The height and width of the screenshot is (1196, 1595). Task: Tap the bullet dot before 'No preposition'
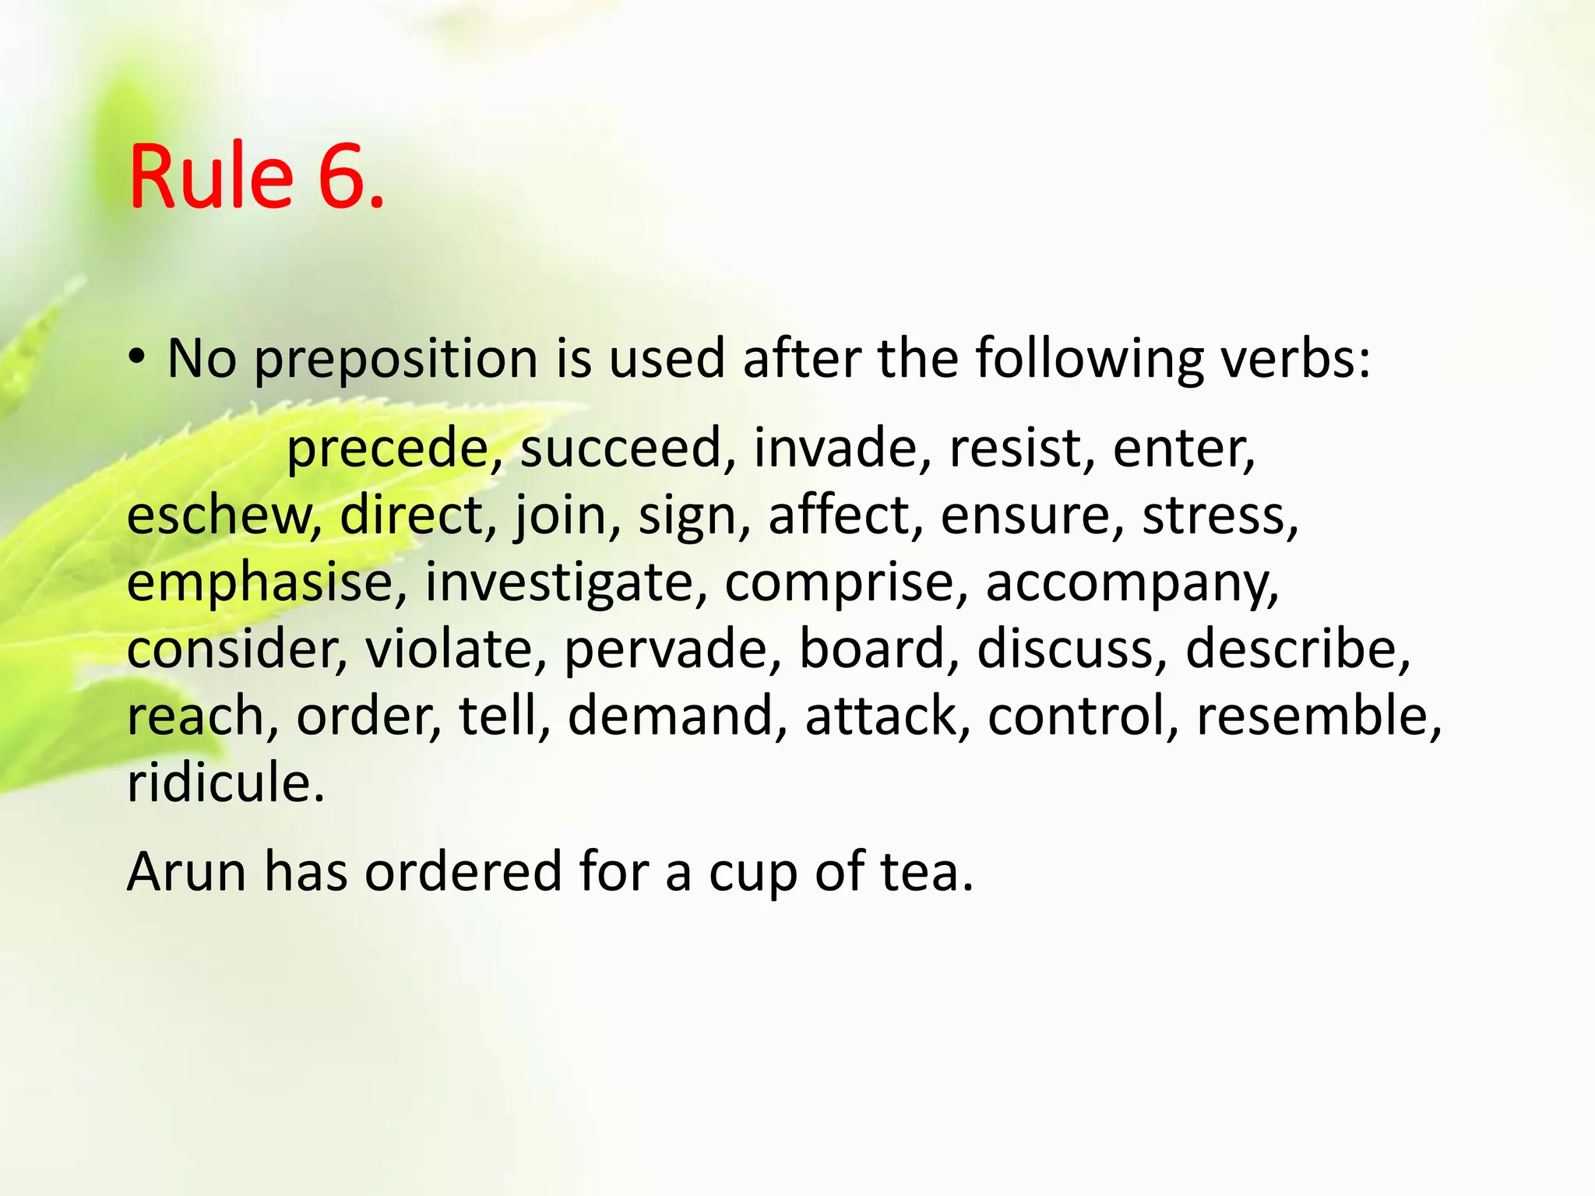pyautogui.click(x=137, y=357)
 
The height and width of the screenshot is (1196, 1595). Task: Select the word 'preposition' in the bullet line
pyautogui.click(x=396, y=360)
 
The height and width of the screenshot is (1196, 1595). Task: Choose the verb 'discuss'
pyautogui.click(x=1065, y=649)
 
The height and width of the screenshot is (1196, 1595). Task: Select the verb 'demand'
pyautogui.click(x=671, y=716)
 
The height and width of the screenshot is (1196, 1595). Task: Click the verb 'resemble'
pyautogui.click(x=1312, y=716)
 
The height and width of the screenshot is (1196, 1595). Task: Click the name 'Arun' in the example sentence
pyautogui.click(x=186, y=871)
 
